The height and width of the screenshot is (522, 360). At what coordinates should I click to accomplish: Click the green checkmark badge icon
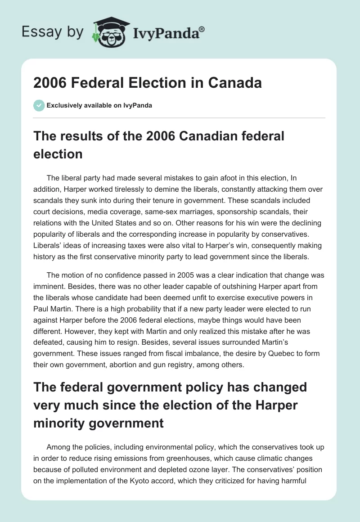[x=39, y=105]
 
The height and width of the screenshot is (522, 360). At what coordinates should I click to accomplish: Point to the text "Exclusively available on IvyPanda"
[x=99, y=105]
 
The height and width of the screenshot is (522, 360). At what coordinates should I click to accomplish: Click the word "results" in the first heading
[x=76, y=135]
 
